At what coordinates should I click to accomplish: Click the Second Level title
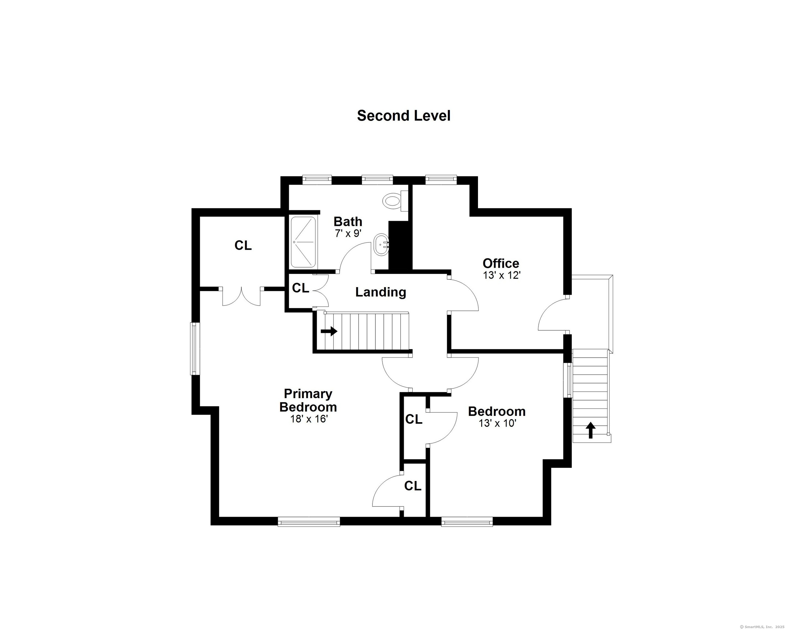pyautogui.click(x=404, y=116)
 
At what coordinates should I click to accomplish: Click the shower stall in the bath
pyautogui.click(x=303, y=242)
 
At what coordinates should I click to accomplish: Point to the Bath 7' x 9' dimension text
pyautogui.click(x=348, y=234)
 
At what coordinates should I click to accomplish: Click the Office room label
pyautogui.click(x=501, y=263)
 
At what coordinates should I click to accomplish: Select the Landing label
pyautogui.click(x=381, y=292)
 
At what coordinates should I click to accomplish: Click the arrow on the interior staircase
pyautogui.click(x=329, y=331)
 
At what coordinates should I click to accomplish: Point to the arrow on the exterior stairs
pyautogui.click(x=591, y=430)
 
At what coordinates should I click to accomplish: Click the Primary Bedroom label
pyautogui.click(x=308, y=400)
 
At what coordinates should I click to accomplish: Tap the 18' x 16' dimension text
pyautogui.click(x=309, y=419)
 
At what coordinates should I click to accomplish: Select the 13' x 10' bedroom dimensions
pyautogui.click(x=497, y=423)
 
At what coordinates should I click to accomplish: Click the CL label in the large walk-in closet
pyautogui.click(x=243, y=246)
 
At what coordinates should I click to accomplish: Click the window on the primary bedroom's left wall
pyautogui.click(x=195, y=348)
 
